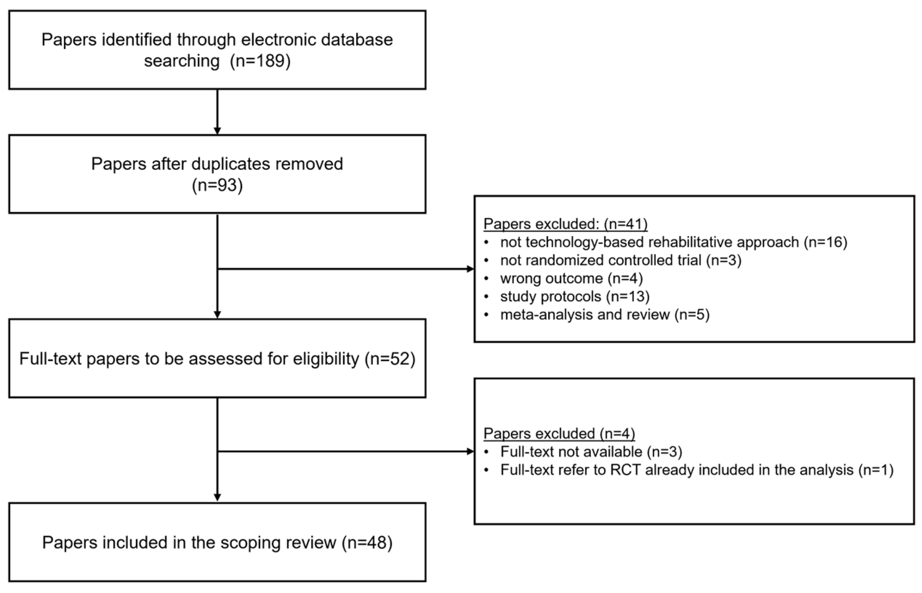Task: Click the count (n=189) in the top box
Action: (260, 61)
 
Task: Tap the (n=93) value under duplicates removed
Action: (217, 185)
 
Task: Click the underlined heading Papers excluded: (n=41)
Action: (565, 224)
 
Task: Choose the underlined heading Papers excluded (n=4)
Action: (559, 433)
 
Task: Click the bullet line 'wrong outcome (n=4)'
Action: (571, 279)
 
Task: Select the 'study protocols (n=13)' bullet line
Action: (574, 297)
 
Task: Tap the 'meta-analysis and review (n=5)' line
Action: (604, 315)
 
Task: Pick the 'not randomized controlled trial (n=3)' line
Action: (620, 260)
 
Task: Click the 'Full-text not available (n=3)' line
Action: (591, 452)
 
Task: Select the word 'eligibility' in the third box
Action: (326, 359)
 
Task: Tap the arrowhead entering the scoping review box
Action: (217, 497)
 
